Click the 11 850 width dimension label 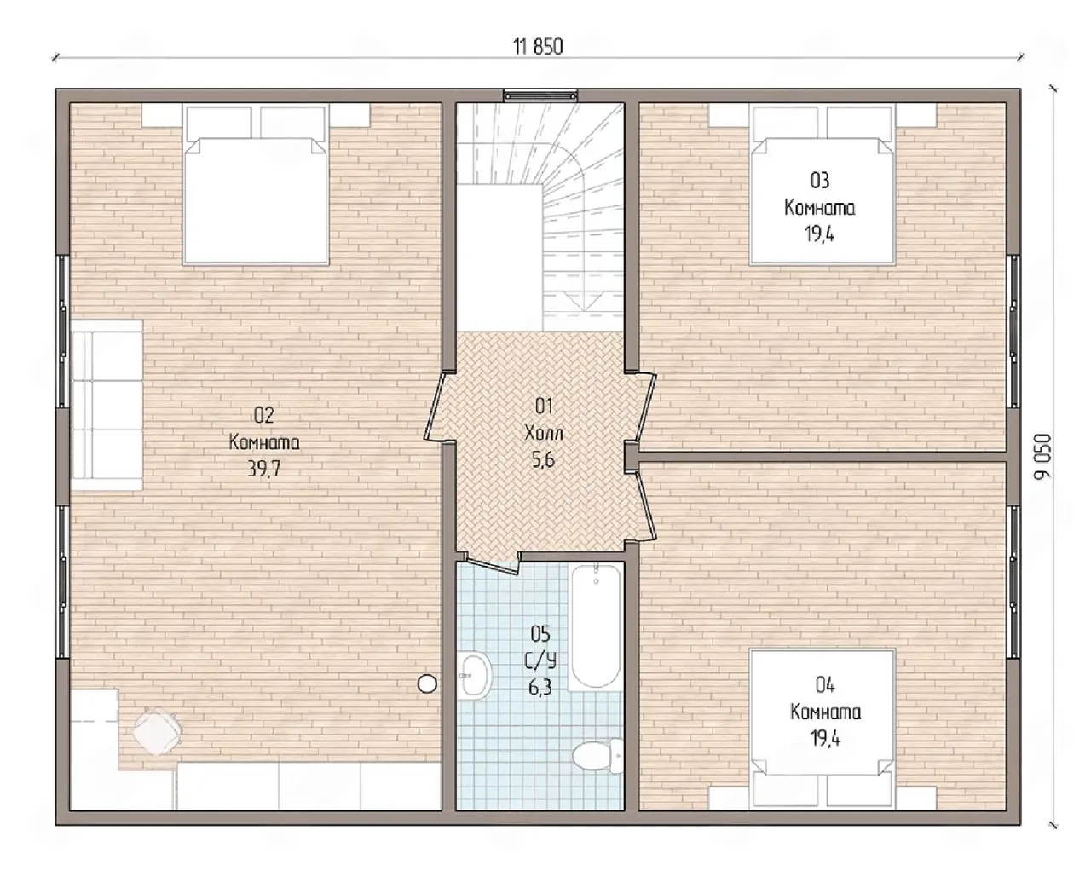(538, 47)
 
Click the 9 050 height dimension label (1042, 456)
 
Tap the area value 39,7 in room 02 (263, 468)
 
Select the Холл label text (544, 433)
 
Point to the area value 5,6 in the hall (544, 460)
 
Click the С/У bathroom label (540, 661)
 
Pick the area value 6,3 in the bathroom (540, 688)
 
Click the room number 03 (820, 181)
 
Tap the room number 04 (825, 684)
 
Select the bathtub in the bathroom (596, 626)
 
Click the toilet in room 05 (597, 756)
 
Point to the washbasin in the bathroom (475, 675)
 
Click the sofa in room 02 (107, 405)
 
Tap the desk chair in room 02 (157, 731)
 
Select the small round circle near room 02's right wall (427, 683)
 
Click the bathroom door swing (492, 564)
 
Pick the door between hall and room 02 (435, 407)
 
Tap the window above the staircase (540, 95)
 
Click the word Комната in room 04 (825, 712)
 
